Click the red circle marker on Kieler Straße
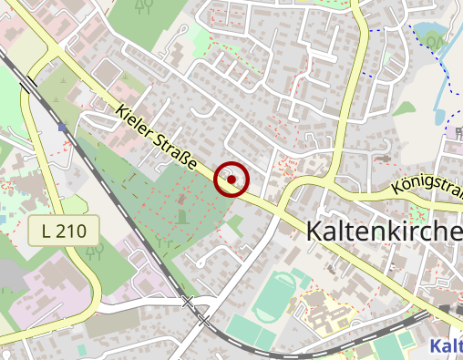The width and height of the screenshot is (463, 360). pos(231,180)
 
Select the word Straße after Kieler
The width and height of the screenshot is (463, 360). pos(178,155)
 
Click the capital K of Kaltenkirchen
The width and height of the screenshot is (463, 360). pos(316,233)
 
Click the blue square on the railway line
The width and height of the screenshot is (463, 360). pos(61,128)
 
